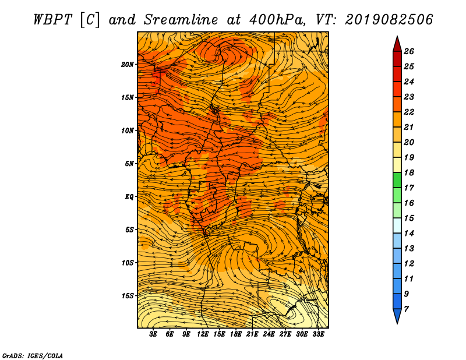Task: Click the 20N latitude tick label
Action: click(x=128, y=65)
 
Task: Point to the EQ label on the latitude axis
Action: click(x=129, y=197)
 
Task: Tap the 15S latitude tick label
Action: click(x=128, y=296)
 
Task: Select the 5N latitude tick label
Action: click(x=129, y=164)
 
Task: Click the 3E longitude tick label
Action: click(x=153, y=334)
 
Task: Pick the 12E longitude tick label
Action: click(x=203, y=334)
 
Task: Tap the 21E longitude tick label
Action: click(x=252, y=334)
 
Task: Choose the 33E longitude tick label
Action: click(x=318, y=334)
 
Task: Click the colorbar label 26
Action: click(x=409, y=51)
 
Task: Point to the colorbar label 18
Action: click(x=409, y=172)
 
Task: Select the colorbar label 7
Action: click(x=406, y=309)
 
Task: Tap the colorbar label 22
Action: click(x=409, y=112)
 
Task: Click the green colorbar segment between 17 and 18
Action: click(x=397, y=180)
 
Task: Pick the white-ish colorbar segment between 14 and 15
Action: click(x=397, y=225)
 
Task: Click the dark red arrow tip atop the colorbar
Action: click(x=397, y=37)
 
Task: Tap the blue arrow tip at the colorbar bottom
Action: click(x=397, y=323)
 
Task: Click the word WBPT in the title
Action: click(x=52, y=20)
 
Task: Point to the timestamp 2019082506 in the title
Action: click(x=389, y=20)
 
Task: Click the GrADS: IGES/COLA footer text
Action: click(x=33, y=355)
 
